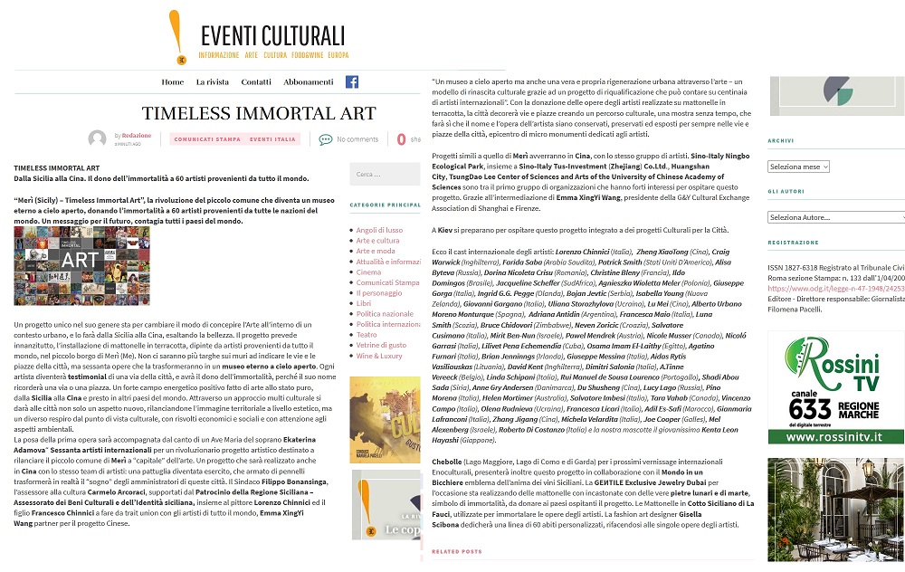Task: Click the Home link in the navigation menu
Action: pyautogui.click(x=173, y=82)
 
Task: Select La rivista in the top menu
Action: pyautogui.click(x=213, y=82)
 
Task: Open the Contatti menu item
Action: pyautogui.click(x=256, y=82)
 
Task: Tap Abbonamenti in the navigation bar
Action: pyautogui.click(x=309, y=82)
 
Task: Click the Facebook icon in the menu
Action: pyautogui.click(x=352, y=81)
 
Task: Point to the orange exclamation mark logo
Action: pyautogui.click(x=176, y=36)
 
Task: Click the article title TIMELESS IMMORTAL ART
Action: pyautogui.click(x=259, y=114)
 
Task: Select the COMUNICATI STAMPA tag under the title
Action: pyautogui.click(x=207, y=139)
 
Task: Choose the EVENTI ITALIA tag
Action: pyautogui.click(x=273, y=139)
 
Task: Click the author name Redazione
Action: pyautogui.click(x=137, y=135)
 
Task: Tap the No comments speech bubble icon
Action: pyautogui.click(x=326, y=139)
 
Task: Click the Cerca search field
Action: pyautogui.click(x=384, y=175)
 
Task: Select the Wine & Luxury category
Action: pyautogui.click(x=379, y=356)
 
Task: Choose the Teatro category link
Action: pyautogui.click(x=367, y=335)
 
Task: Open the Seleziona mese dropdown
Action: pyautogui.click(x=798, y=167)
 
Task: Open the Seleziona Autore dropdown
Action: pyautogui.click(x=835, y=217)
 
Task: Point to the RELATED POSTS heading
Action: pyautogui.click(x=457, y=551)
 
